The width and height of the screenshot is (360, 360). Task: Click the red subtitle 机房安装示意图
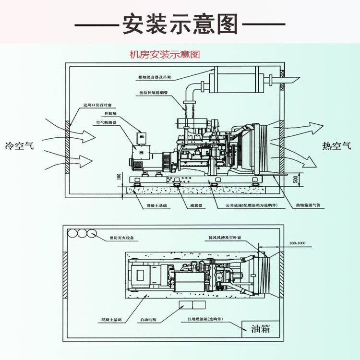tap(165, 55)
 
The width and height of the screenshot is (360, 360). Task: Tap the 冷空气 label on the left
tap(20, 145)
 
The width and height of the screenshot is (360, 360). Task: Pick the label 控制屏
tap(110, 114)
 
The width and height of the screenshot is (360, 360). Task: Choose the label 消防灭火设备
tap(122, 238)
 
